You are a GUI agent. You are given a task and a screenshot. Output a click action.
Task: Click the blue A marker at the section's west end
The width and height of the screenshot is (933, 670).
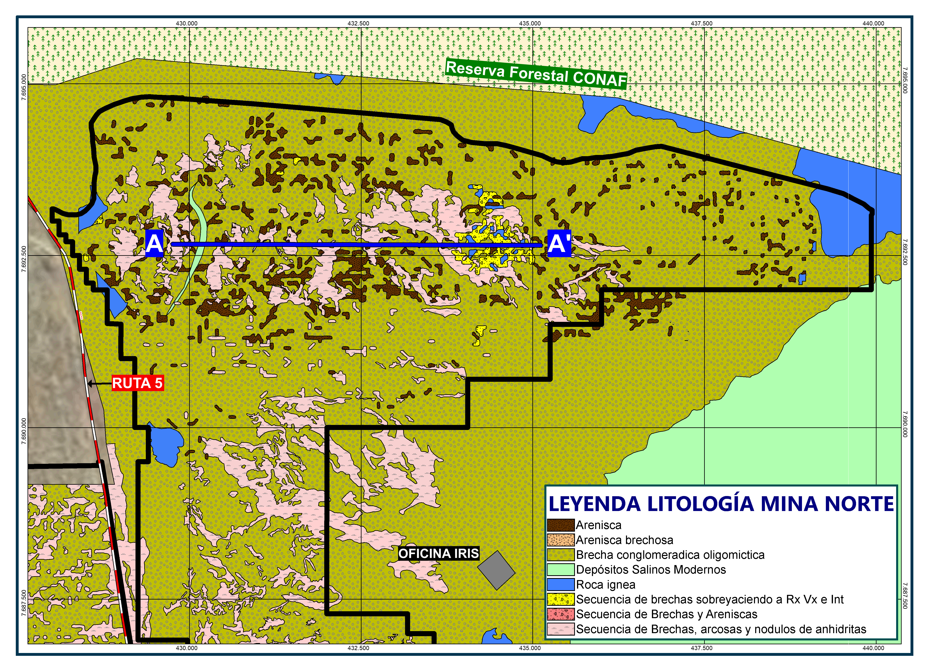click(154, 243)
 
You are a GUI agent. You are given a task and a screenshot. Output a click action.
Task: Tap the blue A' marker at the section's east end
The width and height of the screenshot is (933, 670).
click(559, 243)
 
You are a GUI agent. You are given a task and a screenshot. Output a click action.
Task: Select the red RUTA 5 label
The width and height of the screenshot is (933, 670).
click(137, 383)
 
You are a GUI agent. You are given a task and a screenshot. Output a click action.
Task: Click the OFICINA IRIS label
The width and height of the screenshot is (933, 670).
click(438, 554)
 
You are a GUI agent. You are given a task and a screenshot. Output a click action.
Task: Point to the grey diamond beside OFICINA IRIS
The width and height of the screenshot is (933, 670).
click(496, 570)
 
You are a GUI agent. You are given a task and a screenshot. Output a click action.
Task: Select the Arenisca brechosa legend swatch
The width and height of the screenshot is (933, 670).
click(560, 540)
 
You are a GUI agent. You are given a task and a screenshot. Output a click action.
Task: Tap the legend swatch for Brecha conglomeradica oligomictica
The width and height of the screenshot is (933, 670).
click(560, 555)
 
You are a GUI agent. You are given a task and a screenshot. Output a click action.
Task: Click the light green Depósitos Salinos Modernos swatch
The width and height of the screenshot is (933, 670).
click(560, 570)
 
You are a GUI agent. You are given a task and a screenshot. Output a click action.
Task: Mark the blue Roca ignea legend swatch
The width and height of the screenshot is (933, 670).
click(560, 585)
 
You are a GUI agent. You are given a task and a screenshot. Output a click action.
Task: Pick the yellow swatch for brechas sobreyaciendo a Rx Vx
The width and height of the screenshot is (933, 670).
click(560, 599)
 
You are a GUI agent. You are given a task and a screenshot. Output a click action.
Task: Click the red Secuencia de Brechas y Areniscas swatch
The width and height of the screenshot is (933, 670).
click(560, 614)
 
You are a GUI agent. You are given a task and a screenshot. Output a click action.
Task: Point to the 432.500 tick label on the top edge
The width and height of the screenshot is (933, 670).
click(358, 23)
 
